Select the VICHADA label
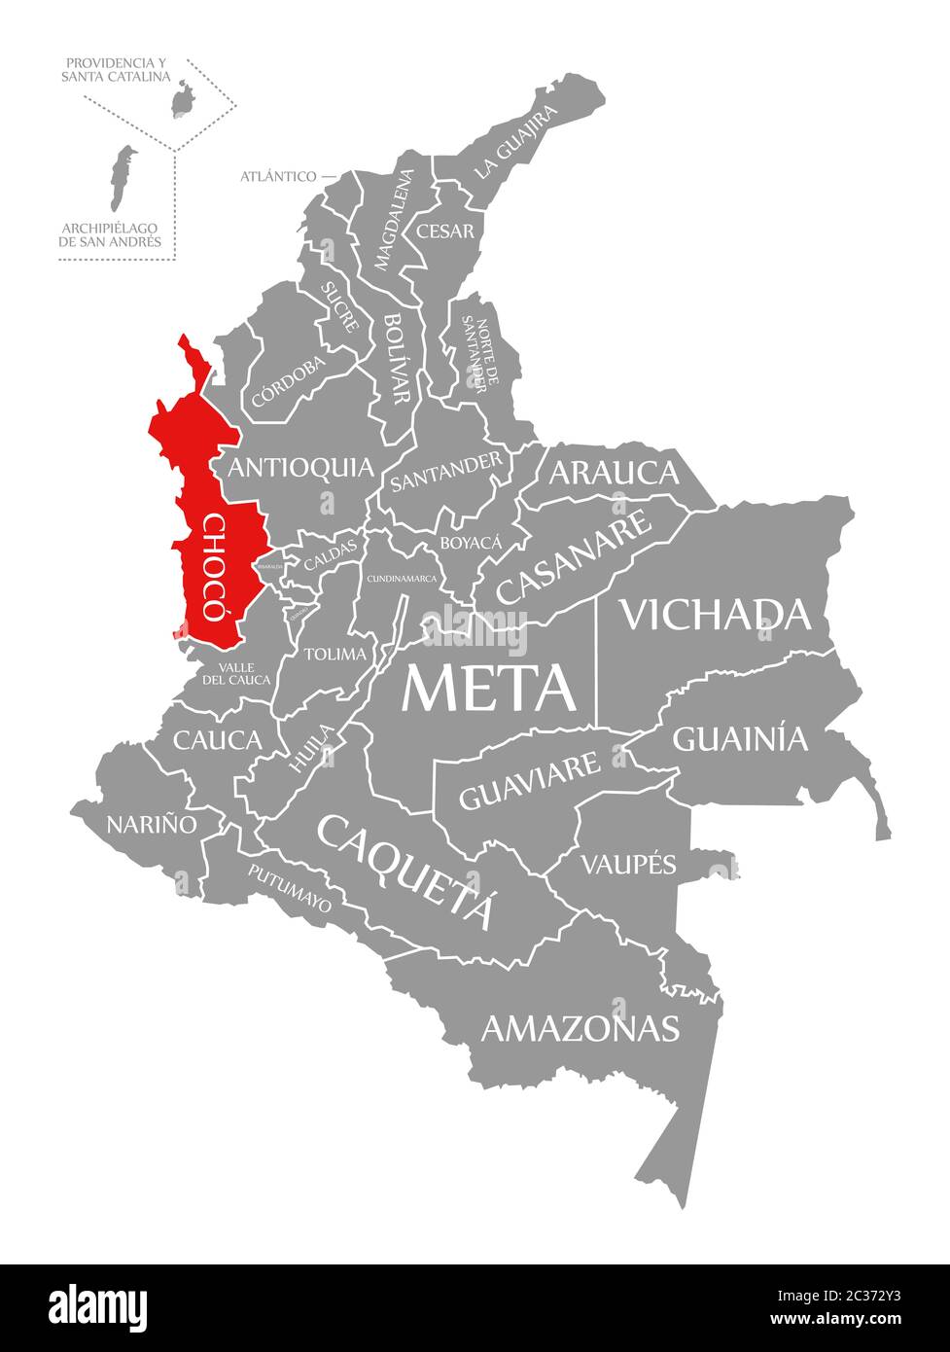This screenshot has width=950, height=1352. tap(715, 614)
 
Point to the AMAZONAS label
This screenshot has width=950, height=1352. tap(580, 1027)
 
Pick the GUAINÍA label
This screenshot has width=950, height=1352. tap(740, 739)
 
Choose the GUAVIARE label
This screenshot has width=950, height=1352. tap(529, 781)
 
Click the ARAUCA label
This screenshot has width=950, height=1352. tap(614, 473)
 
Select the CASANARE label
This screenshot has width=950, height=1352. tap(575, 558)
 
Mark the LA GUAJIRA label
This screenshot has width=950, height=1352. tap(516, 142)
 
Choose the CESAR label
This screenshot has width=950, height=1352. tap(444, 231)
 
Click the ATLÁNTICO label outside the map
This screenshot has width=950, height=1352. tap(278, 176)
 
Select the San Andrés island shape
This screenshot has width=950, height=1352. tap(121, 177)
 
